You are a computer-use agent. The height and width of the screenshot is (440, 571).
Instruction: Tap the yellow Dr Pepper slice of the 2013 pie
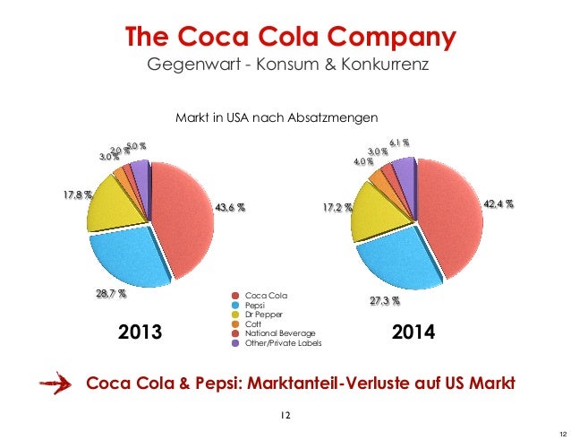[x=117, y=202]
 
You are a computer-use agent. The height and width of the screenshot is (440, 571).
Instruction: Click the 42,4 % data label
[x=499, y=203]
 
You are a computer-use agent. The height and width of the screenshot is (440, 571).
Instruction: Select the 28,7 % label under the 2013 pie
[x=111, y=293]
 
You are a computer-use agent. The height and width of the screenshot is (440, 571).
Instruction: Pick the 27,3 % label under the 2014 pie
[x=384, y=301]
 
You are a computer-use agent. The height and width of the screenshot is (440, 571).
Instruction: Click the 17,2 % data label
[x=338, y=208]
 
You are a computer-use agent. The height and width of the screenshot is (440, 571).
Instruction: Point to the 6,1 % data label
[x=399, y=142]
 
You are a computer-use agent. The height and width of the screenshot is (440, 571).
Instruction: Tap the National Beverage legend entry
[x=274, y=333]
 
